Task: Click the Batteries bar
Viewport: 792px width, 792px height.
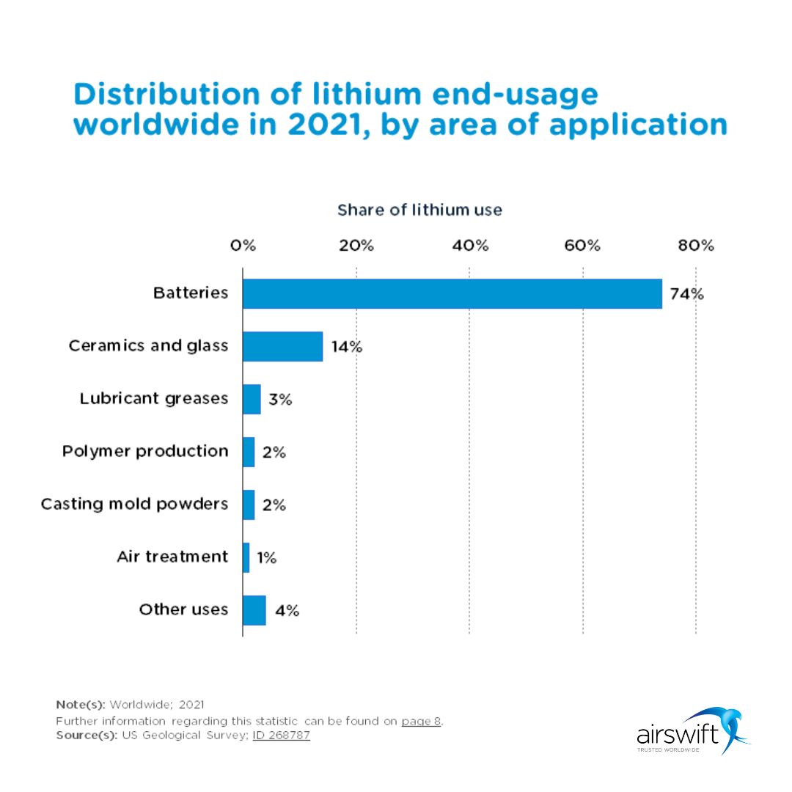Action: coord(452,293)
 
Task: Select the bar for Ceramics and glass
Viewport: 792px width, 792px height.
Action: coord(282,346)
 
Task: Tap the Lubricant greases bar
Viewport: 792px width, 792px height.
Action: coord(252,399)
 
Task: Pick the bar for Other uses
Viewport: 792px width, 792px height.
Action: coord(254,610)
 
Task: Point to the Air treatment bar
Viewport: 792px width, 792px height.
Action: coord(246,557)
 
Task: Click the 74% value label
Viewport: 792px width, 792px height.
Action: coord(686,294)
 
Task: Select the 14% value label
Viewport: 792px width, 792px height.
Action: coord(346,347)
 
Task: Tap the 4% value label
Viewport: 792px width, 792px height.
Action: coord(287,611)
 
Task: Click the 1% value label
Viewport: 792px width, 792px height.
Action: coord(266,558)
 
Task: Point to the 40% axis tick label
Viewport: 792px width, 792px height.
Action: coord(470,246)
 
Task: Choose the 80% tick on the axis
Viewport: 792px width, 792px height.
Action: coord(696,246)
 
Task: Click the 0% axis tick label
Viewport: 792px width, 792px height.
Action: coord(243,246)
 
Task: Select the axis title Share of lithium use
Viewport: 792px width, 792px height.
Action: coord(419,210)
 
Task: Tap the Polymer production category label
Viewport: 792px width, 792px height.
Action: coord(145,451)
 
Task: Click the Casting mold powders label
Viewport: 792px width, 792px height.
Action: coord(134,504)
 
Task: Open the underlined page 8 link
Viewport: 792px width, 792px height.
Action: coord(421,721)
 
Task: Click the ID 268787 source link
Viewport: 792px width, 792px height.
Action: coord(281,735)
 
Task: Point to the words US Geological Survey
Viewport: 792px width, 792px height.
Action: coord(184,735)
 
